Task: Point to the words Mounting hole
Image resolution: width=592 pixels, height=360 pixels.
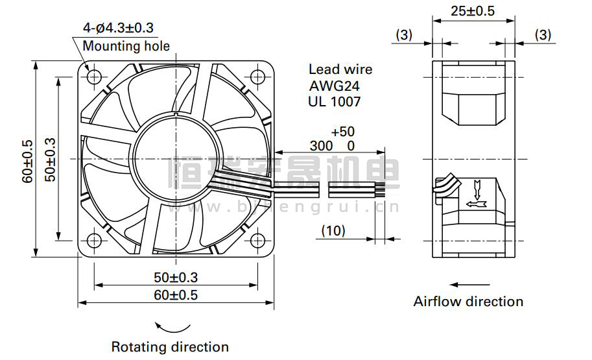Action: (126, 46)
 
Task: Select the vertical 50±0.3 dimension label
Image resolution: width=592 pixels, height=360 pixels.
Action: (50, 160)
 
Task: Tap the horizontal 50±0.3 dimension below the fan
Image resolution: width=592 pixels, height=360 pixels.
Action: (176, 278)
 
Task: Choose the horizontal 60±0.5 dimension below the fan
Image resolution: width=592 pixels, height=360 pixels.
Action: (176, 294)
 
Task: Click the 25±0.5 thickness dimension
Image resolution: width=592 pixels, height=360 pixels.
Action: (473, 10)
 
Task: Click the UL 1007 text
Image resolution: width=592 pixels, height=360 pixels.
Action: (335, 102)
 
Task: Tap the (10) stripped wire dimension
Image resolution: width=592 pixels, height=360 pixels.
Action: (333, 230)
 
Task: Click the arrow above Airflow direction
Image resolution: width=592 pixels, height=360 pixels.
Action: (469, 284)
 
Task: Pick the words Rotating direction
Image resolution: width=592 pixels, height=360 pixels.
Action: (170, 347)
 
